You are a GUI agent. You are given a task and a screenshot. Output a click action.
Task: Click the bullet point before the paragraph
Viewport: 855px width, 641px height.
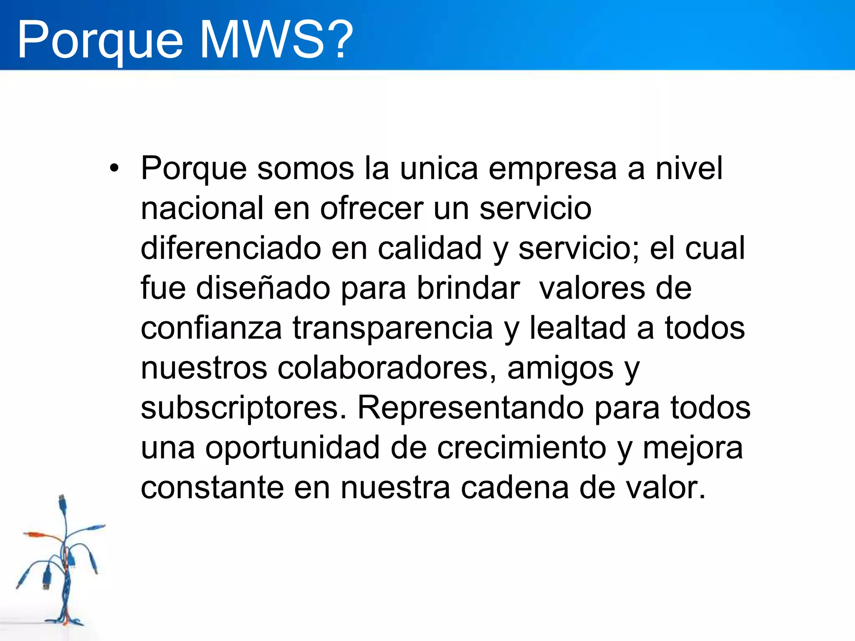pyautogui.click(x=114, y=169)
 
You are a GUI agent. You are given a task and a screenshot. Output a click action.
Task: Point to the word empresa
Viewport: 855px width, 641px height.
pyautogui.click(x=552, y=169)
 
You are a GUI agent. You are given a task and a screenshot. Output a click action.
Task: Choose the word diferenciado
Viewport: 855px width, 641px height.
pyautogui.click(x=230, y=248)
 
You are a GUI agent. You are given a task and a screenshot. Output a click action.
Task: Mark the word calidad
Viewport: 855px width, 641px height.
pyautogui.click(x=430, y=248)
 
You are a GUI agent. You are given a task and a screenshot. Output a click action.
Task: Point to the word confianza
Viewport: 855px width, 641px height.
pyautogui.click(x=211, y=328)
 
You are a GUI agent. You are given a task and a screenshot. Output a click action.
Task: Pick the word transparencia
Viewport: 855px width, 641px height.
pyautogui.click(x=393, y=329)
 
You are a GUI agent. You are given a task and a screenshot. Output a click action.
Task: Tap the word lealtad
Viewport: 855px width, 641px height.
pyautogui.click(x=578, y=328)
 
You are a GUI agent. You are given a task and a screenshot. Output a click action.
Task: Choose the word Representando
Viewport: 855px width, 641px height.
pyautogui.click(x=471, y=408)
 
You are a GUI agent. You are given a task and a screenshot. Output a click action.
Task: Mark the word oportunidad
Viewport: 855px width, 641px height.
pyautogui.click(x=292, y=448)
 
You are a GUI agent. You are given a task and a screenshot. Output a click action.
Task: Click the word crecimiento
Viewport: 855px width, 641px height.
pyautogui.click(x=521, y=448)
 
